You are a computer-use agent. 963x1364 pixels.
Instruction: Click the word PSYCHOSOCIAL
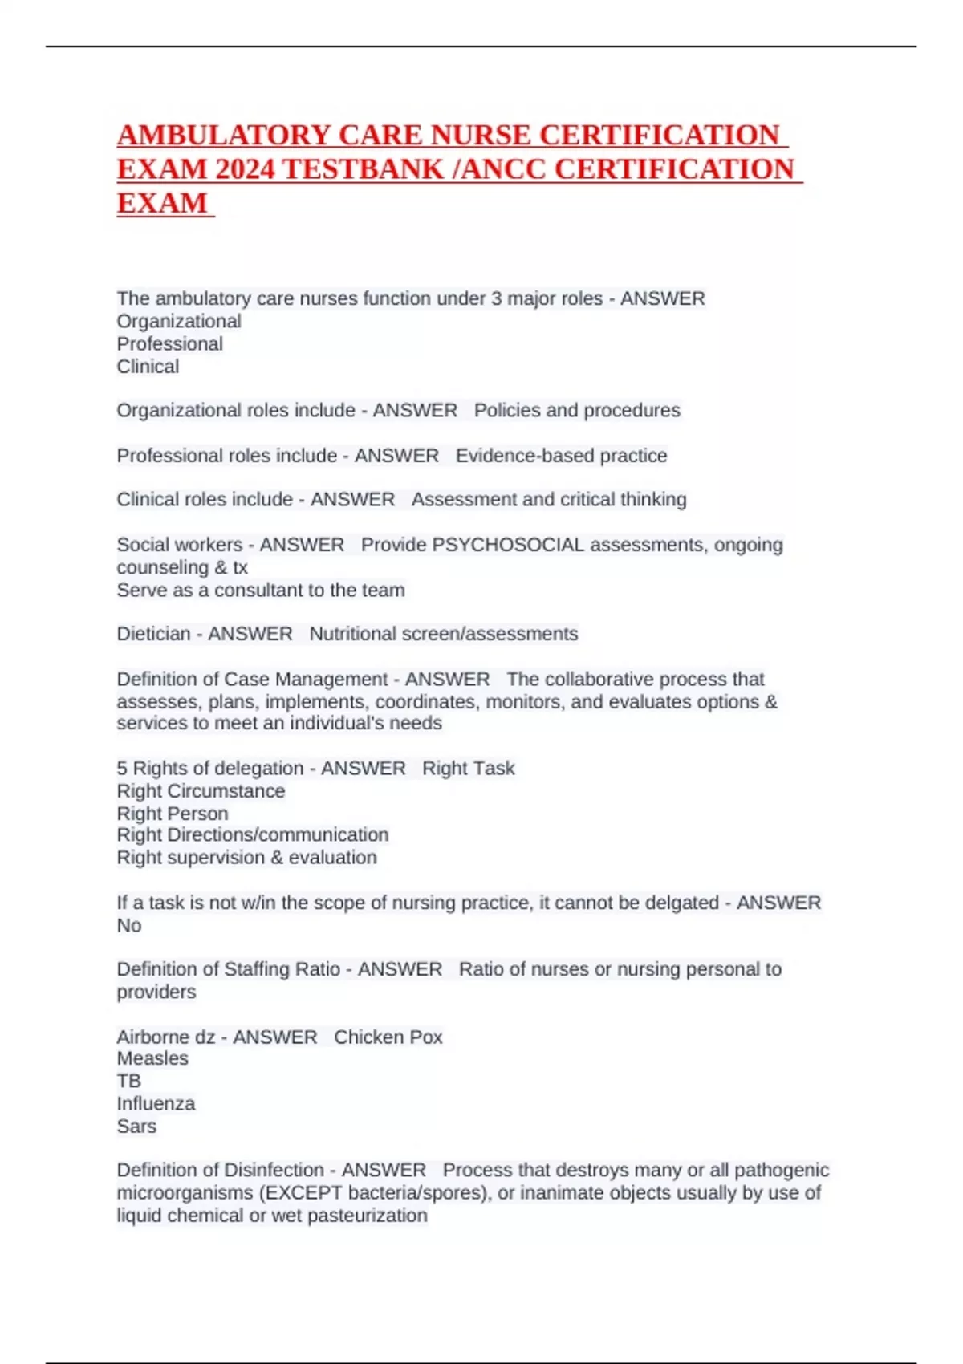pos(508,545)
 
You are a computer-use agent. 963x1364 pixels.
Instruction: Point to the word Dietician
pos(153,634)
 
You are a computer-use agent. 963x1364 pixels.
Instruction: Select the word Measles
pos(152,1058)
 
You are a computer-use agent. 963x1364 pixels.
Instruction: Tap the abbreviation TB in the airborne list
pos(128,1081)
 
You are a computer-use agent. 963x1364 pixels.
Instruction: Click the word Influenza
pos(156,1103)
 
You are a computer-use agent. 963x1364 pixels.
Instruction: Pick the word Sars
pos(136,1126)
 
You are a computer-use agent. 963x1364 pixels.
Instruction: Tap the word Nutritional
pos(352,634)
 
